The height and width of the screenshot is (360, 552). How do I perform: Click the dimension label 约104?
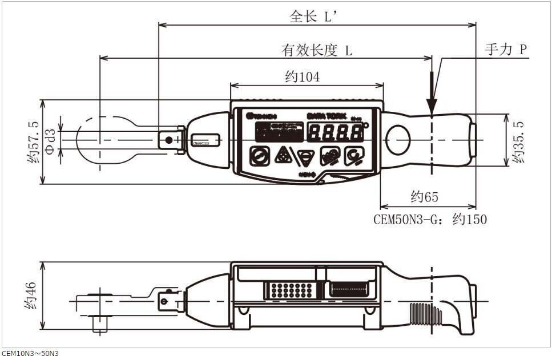(x=303, y=76)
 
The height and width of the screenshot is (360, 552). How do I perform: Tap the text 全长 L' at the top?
(x=315, y=17)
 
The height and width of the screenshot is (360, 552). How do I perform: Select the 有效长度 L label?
(x=317, y=50)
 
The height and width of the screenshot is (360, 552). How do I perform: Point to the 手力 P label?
(x=505, y=50)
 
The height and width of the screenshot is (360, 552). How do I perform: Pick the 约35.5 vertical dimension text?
(x=518, y=141)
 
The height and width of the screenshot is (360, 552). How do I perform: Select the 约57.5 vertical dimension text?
(x=33, y=142)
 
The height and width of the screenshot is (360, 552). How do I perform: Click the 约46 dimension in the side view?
(x=31, y=296)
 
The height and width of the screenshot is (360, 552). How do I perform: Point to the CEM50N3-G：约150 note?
(x=430, y=219)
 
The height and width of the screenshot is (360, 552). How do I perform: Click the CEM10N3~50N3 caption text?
(x=30, y=354)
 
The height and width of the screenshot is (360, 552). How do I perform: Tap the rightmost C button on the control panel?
(x=353, y=155)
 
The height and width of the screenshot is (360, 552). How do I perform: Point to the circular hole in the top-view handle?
(x=397, y=139)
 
